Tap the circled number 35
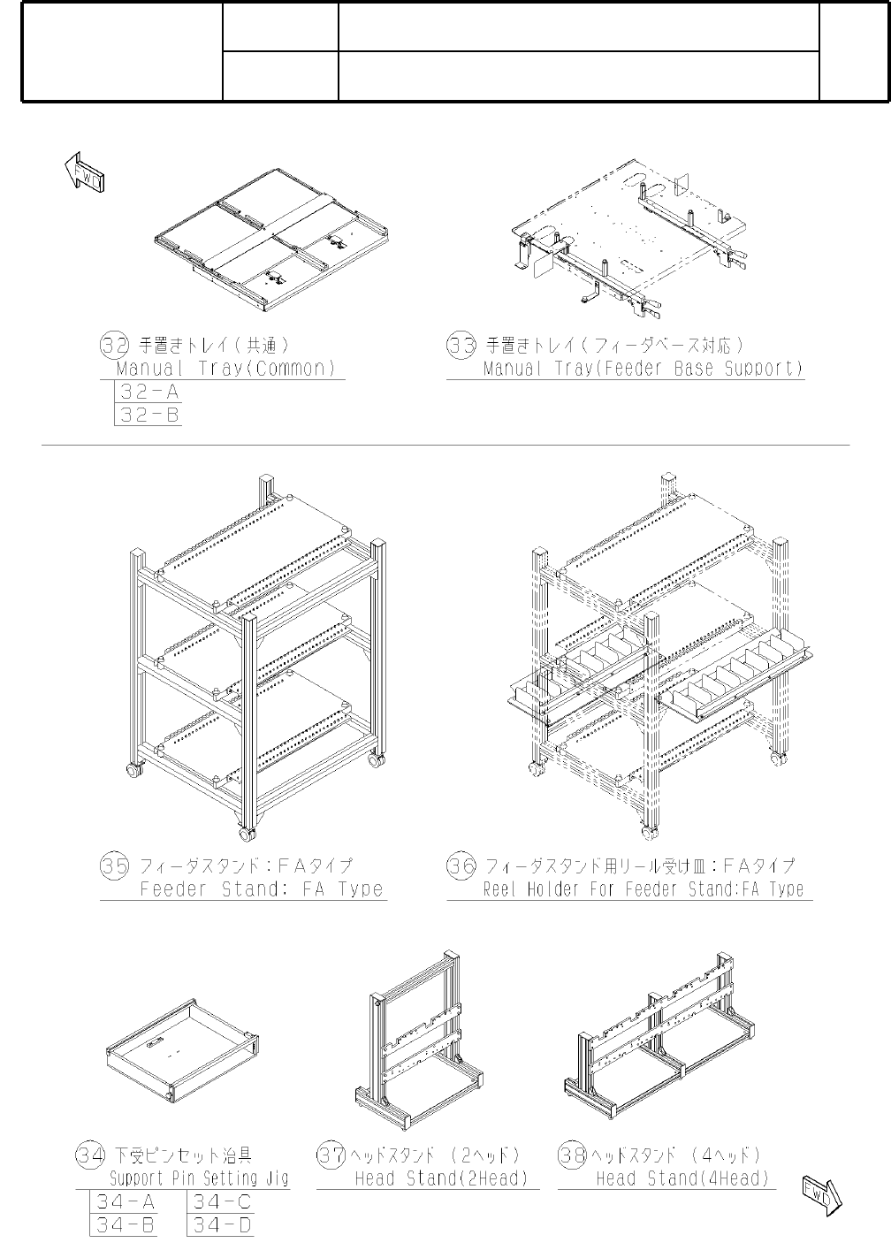115,866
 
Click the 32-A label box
149,393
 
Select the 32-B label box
149,415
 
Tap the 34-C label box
222,1202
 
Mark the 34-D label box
222,1225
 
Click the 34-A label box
125,1202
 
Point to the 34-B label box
125,1225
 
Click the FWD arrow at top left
86,172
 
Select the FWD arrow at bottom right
821,1195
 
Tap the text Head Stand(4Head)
682,1178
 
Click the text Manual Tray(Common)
228,369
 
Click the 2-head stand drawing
421,1039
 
